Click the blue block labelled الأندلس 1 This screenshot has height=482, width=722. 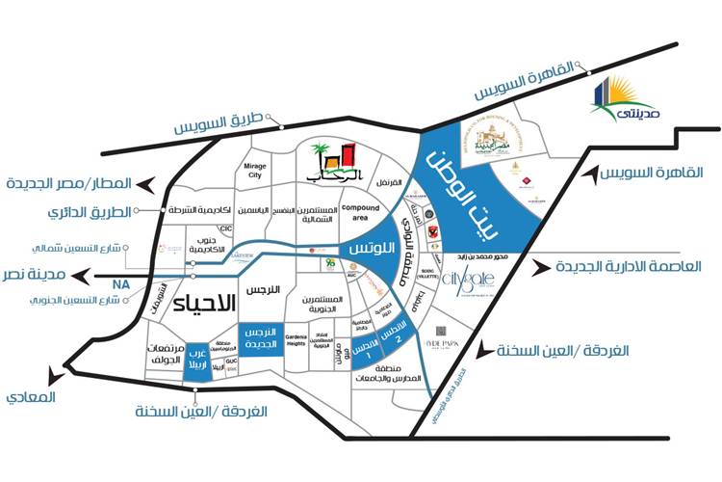(364, 350)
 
